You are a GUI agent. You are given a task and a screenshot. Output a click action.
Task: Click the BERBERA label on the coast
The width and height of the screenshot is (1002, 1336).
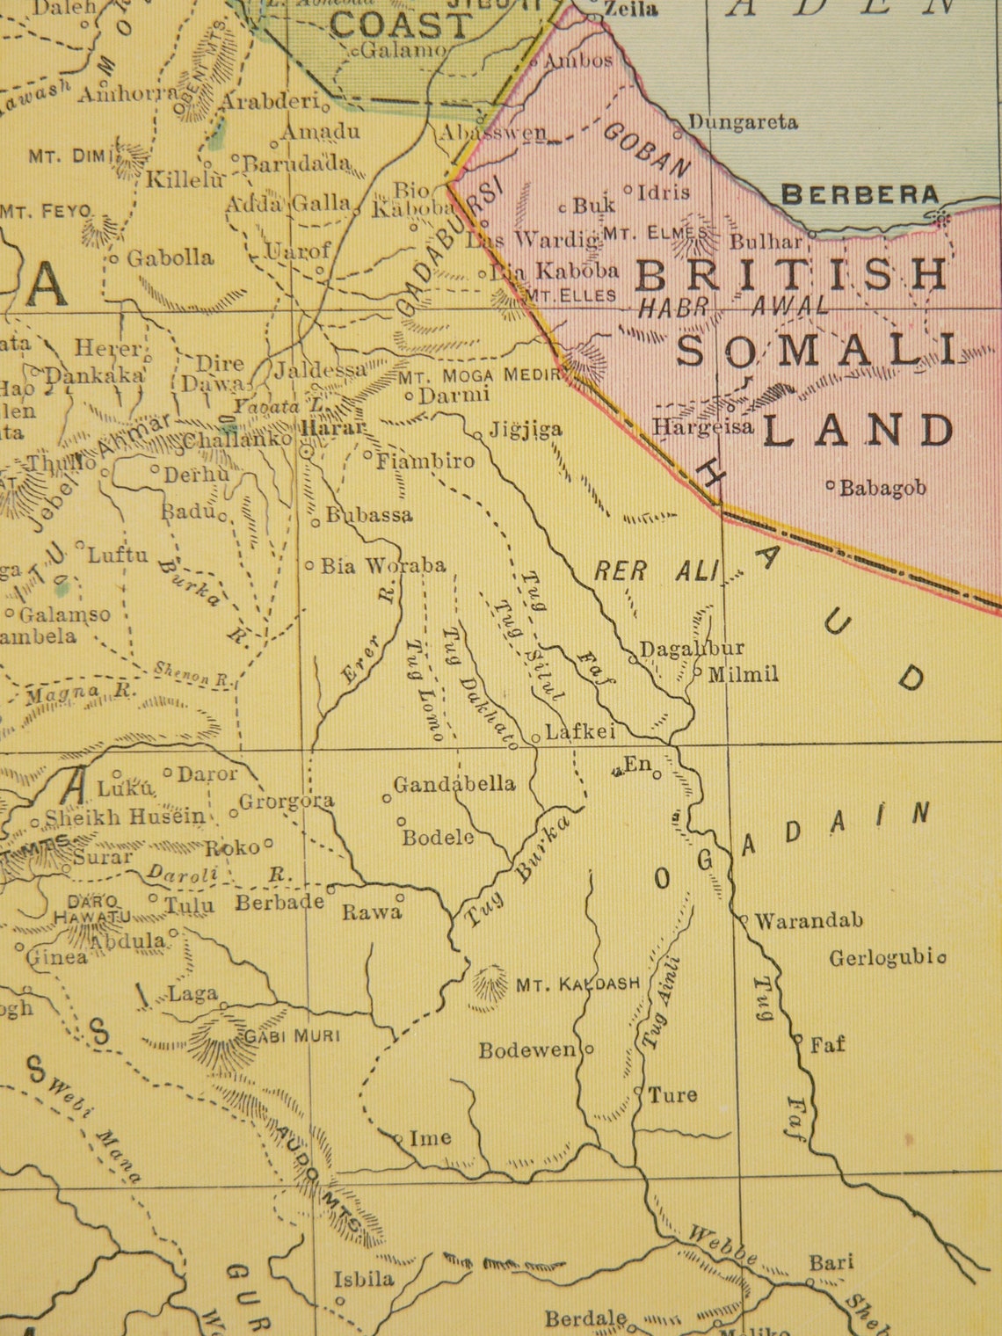pos(860,194)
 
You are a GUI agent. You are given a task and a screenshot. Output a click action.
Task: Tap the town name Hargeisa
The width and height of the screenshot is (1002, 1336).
pos(703,427)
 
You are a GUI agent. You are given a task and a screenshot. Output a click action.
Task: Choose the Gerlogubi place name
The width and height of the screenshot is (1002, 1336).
pos(882,957)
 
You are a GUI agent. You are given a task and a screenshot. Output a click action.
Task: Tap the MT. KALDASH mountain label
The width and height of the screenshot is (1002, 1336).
pos(577,984)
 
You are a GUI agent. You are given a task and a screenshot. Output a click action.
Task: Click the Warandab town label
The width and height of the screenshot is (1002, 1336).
pos(809,920)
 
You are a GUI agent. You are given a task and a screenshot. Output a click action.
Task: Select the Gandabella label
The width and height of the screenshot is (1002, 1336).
pos(454,783)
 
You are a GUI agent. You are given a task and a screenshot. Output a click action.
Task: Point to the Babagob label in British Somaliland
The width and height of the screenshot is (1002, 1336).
pos(882,488)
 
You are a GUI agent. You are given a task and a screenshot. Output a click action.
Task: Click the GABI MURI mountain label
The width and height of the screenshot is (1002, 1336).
pos(292,1035)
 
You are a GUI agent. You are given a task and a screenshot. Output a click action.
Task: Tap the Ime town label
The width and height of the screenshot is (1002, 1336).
pos(431,1138)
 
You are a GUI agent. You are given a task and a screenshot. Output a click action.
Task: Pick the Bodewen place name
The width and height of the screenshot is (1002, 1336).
pos(527,1049)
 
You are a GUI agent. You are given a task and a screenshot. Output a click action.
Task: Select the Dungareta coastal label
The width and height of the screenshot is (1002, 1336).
pos(742,122)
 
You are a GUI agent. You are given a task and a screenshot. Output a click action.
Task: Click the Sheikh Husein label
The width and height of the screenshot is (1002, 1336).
pos(125,817)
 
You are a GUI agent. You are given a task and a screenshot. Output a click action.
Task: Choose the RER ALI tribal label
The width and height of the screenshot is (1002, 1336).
pos(656,571)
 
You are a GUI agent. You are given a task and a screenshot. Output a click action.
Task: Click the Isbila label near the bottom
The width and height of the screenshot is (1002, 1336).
pos(364,1278)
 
